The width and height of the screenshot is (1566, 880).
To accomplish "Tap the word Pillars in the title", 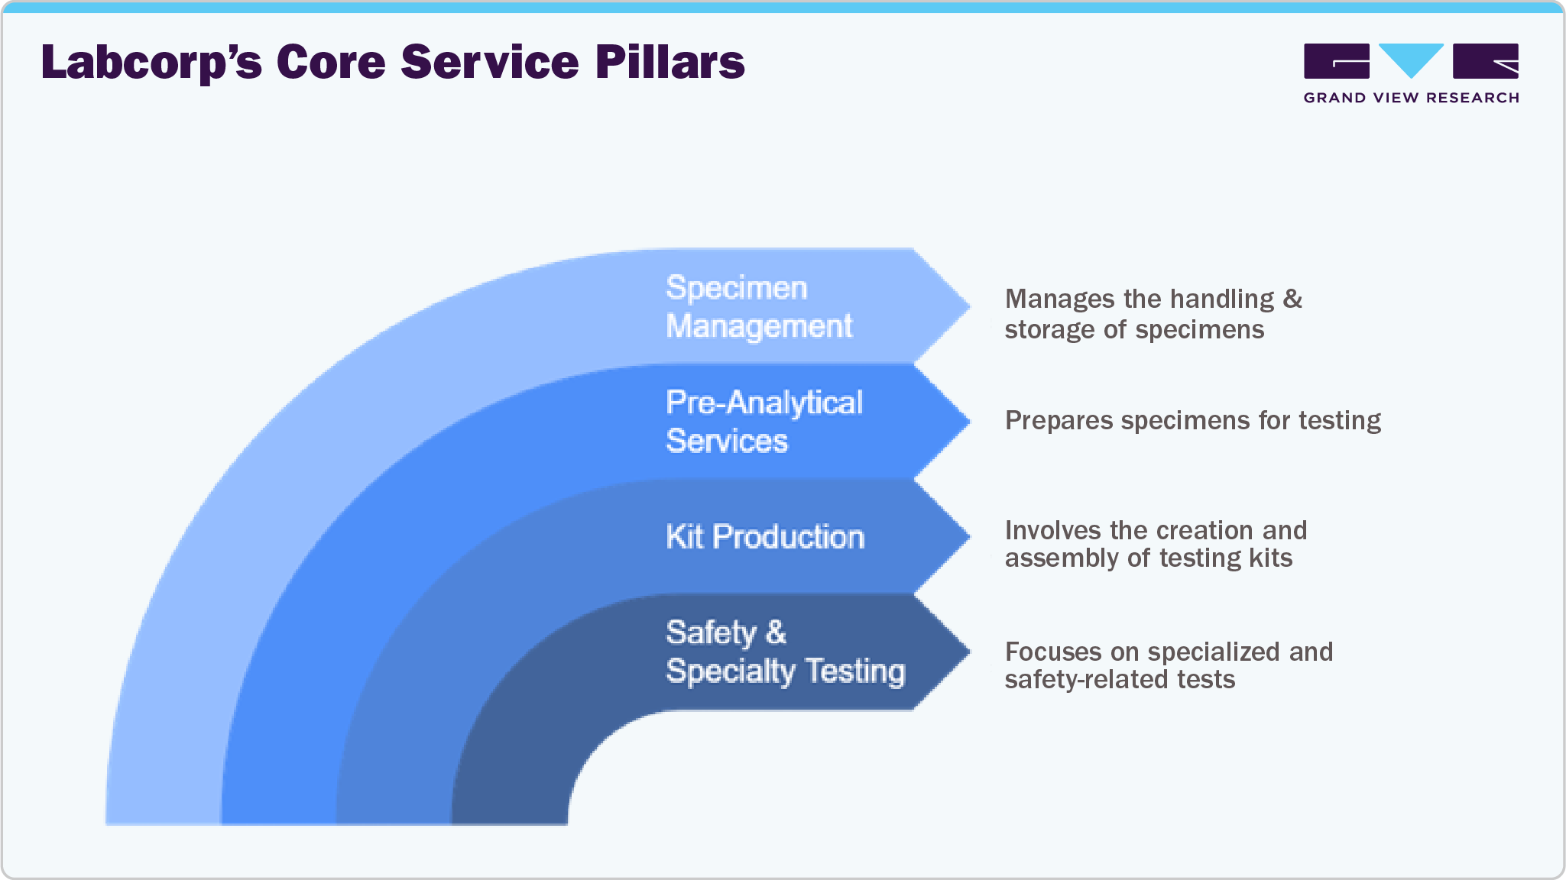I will click(x=670, y=63).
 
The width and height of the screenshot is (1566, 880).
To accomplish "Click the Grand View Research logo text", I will click(x=1411, y=98).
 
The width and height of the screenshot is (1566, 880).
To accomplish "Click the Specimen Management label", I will click(x=758, y=307).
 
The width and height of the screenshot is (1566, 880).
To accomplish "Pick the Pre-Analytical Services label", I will click(x=764, y=422).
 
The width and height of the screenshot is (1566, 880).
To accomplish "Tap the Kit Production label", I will click(x=765, y=537).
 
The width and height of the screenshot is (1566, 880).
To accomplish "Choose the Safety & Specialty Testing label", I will click(x=785, y=652).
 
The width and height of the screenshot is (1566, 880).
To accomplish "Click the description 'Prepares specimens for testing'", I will click(x=1192, y=421).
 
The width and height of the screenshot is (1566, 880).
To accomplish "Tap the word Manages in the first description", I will click(x=1059, y=299).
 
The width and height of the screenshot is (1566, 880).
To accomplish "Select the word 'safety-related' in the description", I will click(x=1081, y=679).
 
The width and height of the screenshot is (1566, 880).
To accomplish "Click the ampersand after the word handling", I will click(x=1292, y=299).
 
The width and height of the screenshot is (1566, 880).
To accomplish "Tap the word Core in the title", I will click(x=331, y=63).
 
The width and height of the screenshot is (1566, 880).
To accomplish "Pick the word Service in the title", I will click(x=490, y=63).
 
